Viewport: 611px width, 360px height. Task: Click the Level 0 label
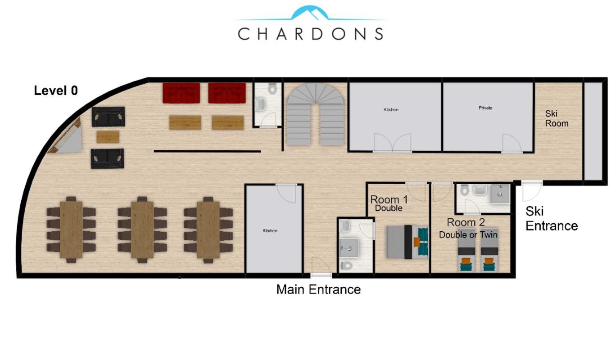56,90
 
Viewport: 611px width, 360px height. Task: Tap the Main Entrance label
318,289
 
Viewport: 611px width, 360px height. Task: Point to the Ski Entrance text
552,219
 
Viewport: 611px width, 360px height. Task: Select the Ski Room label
557,118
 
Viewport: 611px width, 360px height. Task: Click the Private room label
485,108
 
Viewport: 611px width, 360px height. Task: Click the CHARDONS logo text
311,34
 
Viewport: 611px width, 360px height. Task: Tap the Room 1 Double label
389,203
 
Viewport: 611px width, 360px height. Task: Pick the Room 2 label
466,222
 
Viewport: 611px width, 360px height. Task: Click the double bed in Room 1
407,242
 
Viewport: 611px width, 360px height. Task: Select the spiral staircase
315,114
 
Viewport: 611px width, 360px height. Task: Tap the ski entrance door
531,191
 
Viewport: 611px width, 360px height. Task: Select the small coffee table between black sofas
108,137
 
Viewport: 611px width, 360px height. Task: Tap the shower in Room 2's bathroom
500,194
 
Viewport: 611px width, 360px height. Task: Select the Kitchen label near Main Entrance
270,231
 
